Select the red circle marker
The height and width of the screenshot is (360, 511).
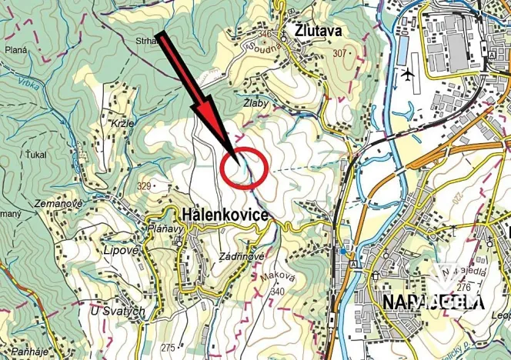pos(243,167)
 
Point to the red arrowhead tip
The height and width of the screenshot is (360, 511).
pos(233,154)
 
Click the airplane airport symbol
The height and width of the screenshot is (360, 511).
pos(407,75)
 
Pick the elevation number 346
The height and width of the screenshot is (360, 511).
pos(266,35)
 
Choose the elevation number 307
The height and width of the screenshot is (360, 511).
pos(339,53)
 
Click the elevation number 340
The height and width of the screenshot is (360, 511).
pos(278,291)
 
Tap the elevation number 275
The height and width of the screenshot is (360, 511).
pos(168,348)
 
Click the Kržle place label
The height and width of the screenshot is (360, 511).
pos(122,124)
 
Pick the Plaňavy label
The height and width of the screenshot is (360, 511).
pos(163,228)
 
